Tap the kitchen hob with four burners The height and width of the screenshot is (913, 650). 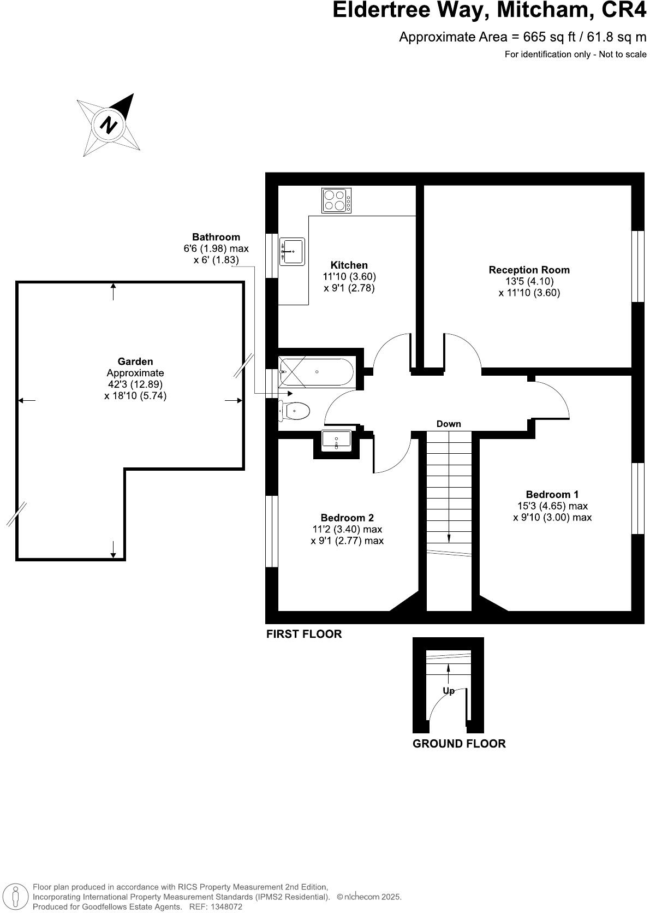337,200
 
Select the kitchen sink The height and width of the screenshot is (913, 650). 292,251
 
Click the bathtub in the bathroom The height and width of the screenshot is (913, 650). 316,372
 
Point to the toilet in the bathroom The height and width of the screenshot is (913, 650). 295,410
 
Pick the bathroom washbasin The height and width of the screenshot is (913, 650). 336,440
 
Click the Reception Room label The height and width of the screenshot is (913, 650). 529,270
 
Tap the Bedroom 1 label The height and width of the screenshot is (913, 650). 552,494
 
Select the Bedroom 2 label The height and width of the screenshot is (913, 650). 347,518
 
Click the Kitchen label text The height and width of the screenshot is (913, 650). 349,265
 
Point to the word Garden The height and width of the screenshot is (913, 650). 135,361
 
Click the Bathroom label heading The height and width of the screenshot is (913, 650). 216,237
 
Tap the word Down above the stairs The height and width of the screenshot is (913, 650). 449,424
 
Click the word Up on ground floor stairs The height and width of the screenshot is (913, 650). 449,691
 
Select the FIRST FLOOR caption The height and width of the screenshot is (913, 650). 304,634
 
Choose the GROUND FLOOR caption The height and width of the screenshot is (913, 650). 459,743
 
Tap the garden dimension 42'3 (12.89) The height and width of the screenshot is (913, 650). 135,384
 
